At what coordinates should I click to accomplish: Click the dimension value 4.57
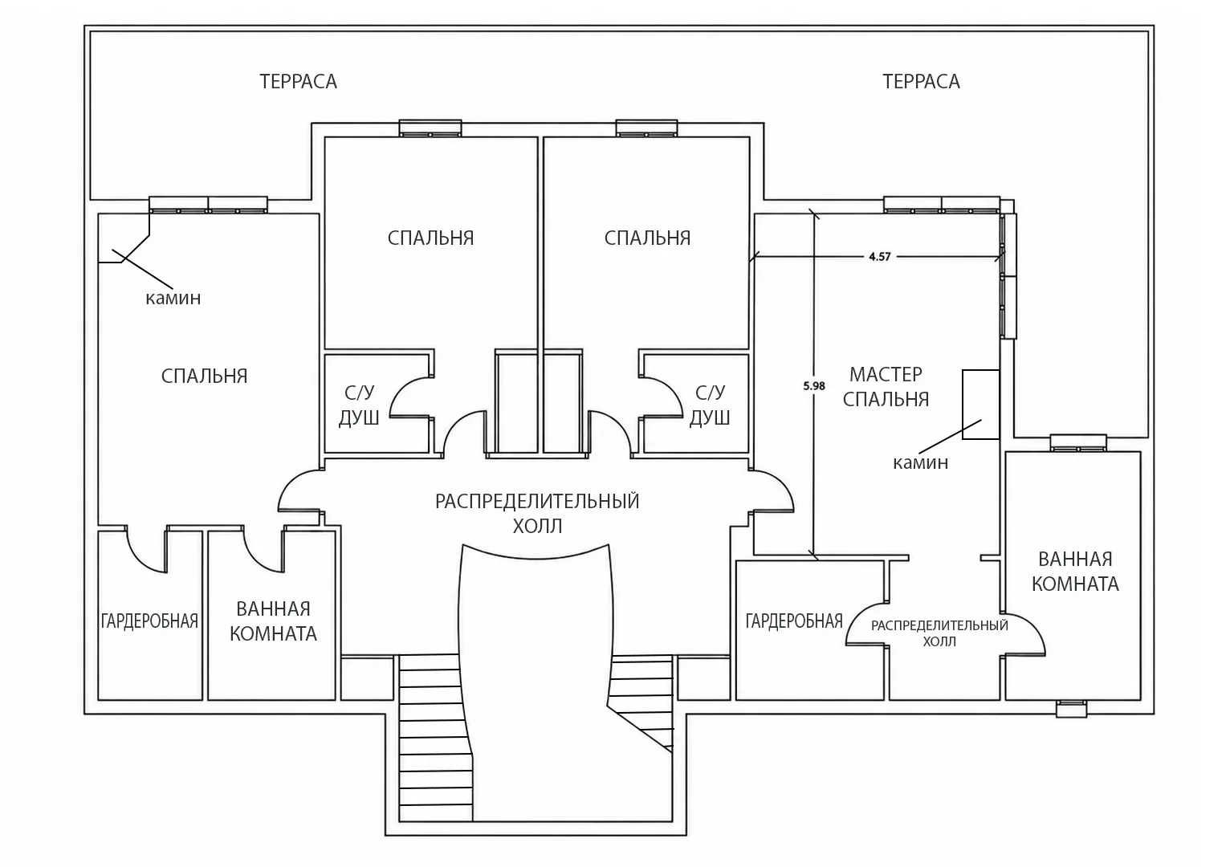880,257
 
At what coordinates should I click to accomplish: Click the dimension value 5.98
814,386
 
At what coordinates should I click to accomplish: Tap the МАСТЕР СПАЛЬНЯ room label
886,387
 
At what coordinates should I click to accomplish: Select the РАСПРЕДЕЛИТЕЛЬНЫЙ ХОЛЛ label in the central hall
537,514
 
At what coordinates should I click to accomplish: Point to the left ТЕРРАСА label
298,82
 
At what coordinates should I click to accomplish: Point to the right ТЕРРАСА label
922,82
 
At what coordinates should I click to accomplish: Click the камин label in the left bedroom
173,298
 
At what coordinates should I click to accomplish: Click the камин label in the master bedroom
920,463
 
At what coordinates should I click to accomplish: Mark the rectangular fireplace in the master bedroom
980,404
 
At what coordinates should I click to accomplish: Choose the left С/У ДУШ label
359,405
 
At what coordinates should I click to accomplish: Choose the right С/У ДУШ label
710,405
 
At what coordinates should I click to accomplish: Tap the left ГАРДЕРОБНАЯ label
149,621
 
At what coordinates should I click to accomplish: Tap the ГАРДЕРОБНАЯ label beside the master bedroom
794,621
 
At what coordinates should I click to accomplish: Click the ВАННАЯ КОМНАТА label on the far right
1075,572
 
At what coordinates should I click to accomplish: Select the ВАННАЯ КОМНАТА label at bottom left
273,621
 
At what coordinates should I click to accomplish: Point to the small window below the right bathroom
1072,708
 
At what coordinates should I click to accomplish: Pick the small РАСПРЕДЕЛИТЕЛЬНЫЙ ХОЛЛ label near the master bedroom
939,633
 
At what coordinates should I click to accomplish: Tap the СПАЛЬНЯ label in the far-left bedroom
204,377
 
